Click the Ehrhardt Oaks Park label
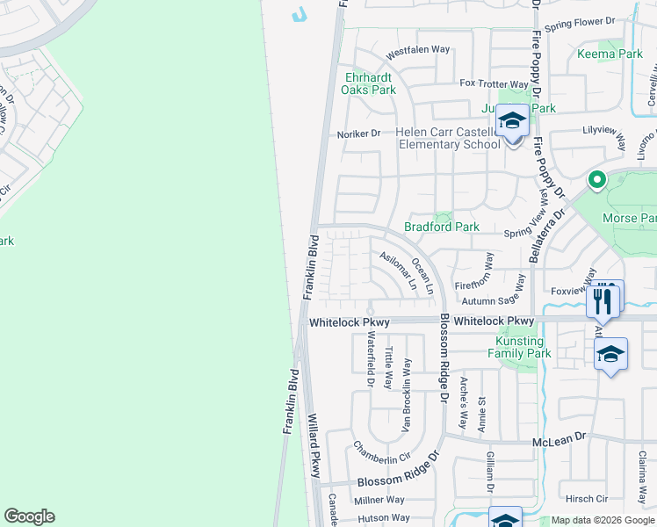click(x=370, y=83)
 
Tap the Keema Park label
click(x=610, y=54)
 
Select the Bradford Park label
click(x=441, y=227)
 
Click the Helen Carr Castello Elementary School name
click(x=448, y=139)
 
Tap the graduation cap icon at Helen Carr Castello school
click(x=511, y=121)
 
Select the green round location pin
click(x=596, y=180)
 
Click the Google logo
click(x=29, y=516)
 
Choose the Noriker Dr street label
click(x=358, y=134)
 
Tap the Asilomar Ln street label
click(x=398, y=271)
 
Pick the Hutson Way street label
click(x=382, y=519)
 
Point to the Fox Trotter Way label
click(x=494, y=84)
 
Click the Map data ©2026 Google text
click(x=602, y=520)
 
